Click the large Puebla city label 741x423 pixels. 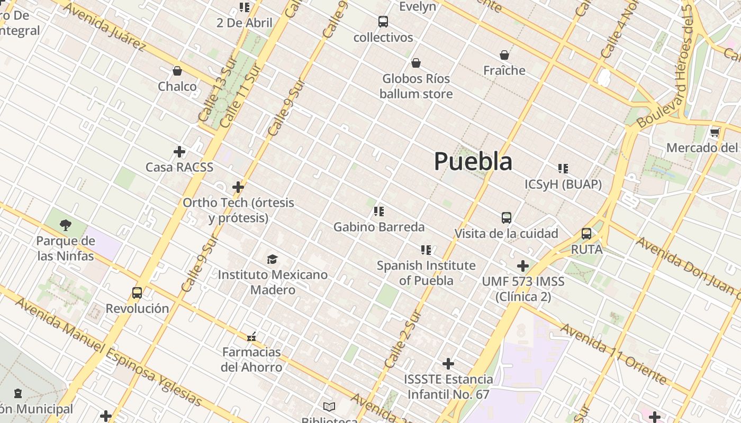point(473,161)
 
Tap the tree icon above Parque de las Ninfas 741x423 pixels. point(66,226)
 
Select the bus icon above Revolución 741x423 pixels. point(137,293)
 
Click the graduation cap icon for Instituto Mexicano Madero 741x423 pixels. point(272,259)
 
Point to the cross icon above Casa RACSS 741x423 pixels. point(179,152)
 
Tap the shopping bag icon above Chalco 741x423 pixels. point(177,71)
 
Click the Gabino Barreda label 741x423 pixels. point(379,227)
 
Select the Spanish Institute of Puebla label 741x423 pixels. point(426,273)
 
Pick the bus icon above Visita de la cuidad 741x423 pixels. point(507,218)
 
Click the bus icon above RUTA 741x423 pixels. point(586,234)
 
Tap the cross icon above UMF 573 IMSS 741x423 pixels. point(523,265)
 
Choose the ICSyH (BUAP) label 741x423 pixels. point(563,184)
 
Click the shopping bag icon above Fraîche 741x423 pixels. point(504,55)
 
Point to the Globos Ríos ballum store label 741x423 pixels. point(416,86)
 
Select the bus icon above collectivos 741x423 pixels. point(383,22)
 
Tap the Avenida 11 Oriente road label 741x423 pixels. point(614,354)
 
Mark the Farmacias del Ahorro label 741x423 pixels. point(251,360)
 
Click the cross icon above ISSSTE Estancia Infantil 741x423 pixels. point(448,364)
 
